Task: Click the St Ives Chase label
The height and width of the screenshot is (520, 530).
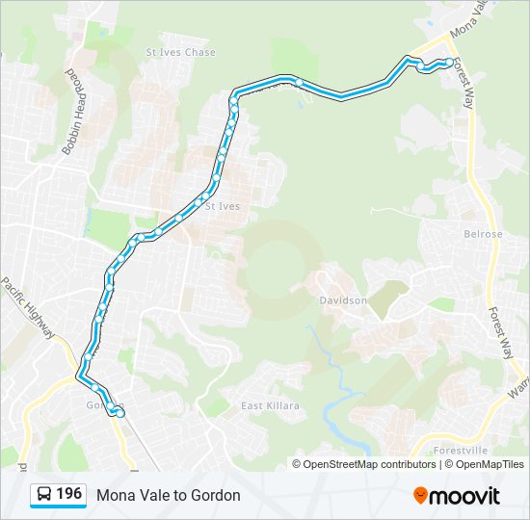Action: (x=180, y=52)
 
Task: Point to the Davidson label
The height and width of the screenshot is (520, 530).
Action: (x=343, y=300)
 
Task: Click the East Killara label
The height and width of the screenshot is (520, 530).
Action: (x=270, y=405)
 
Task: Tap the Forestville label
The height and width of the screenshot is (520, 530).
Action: (x=461, y=450)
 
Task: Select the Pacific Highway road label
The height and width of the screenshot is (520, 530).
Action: (x=28, y=308)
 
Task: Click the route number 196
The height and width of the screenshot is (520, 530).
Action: (x=68, y=494)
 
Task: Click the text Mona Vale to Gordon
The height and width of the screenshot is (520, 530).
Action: (x=168, y=495)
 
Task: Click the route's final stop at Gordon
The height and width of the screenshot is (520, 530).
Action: (x=119, y=413)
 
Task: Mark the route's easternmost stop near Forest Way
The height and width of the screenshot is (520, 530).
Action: (x=449, y=63)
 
